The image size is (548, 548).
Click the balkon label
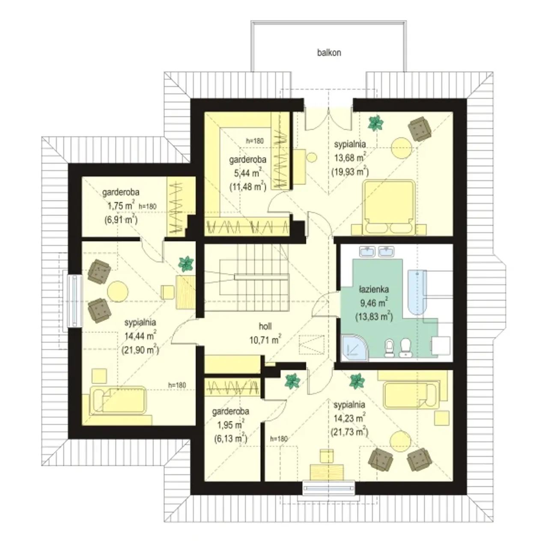coord(329,53)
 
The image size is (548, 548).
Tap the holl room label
coord(265,326)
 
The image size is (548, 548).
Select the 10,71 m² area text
coord(265,340)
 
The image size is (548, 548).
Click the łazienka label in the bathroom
coord(374,289)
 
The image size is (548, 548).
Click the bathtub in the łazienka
coord(417,292)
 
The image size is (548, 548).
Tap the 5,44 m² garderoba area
coord(246,173)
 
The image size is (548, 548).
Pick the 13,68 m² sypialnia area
coord(350,158)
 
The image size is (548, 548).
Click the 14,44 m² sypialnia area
coord(140,336)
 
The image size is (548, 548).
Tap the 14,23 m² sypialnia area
coord(349,418)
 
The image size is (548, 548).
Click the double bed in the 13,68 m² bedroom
coord(389,207)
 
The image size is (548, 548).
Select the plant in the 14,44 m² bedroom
coord(186,263)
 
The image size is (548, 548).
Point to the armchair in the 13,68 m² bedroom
coord(420,129)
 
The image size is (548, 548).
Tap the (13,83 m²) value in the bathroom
coord(374,316)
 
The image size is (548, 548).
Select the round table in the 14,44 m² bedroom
coord(118,291)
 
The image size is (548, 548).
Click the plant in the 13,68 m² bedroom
coord(375,123)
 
